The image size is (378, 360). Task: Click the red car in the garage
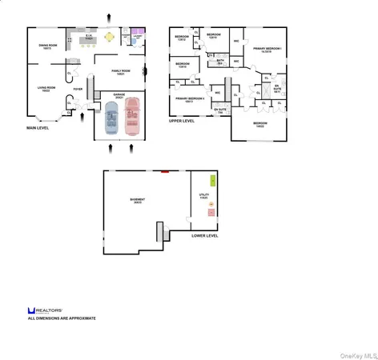point(131,116)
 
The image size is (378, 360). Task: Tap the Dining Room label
point(48,46)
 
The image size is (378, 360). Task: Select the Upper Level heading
point(182,121)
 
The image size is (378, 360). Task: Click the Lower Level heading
point(205,236)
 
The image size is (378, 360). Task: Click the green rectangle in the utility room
point(213,181)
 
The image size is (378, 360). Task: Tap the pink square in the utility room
point(211,206)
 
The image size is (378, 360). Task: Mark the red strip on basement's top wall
point(164,170)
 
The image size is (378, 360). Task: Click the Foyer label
point(78,100)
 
